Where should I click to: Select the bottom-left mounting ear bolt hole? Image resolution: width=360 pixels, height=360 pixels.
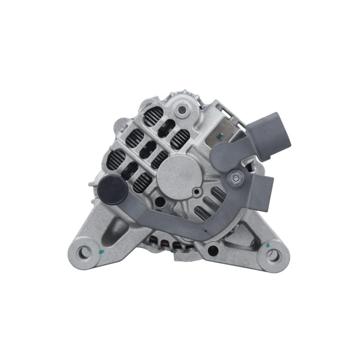pos(84,252)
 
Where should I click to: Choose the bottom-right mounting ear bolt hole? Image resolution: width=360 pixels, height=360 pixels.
pos(273,256)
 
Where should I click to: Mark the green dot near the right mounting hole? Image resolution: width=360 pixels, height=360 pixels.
pos(268,245)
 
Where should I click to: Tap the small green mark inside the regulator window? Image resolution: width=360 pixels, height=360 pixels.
pos(220,135)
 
